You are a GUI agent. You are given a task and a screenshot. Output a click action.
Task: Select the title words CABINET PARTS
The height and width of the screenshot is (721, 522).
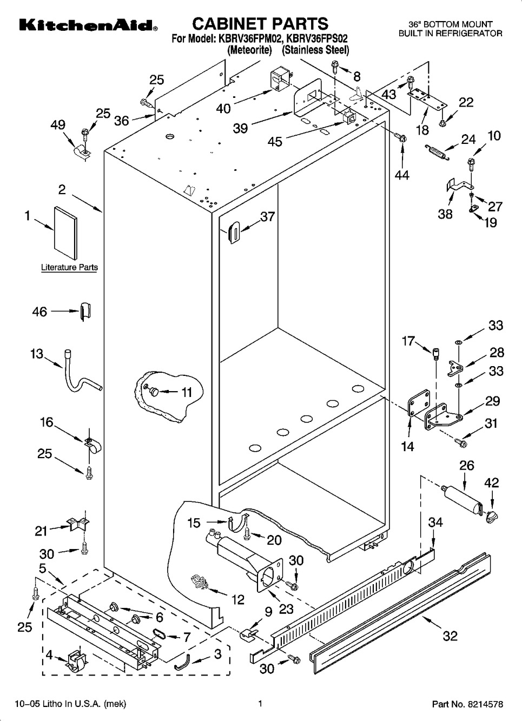point(260,23)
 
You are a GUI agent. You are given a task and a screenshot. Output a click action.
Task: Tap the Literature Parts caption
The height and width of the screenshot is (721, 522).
point(69,267)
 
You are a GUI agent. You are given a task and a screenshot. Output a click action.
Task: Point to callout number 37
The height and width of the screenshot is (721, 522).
point(267,217)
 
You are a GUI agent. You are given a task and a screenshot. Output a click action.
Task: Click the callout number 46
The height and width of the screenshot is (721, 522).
point(40,312)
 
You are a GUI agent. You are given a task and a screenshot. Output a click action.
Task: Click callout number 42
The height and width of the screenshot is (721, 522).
point(491,482)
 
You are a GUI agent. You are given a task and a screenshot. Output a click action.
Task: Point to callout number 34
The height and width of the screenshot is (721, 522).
point(435,522)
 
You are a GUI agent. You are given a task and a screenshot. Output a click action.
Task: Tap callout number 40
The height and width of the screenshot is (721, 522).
point(223,108)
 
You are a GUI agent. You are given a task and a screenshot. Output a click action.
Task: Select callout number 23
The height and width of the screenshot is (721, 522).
point(286,608)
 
